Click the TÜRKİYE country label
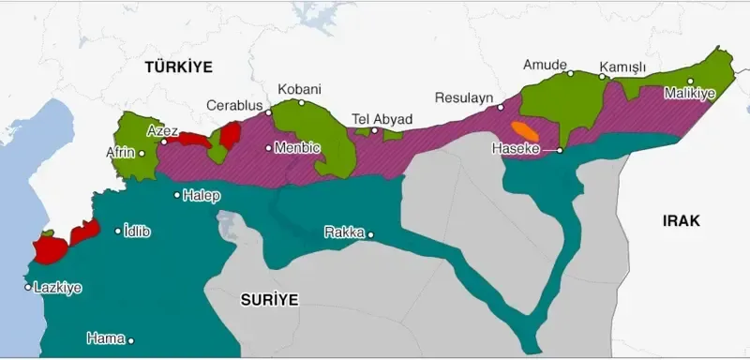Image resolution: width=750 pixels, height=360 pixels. click(x=178, y=67)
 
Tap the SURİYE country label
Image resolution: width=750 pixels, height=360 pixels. click(x=269, y=300)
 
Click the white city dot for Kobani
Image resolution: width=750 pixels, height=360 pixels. click(x=301, y=102)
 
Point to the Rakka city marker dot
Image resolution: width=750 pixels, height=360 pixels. click(x=371, y=234)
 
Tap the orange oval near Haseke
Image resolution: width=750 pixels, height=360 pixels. click(x=523, y=129)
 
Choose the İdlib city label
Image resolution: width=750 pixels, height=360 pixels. click(x=141, y=231)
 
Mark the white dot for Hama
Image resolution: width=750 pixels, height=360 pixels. click(x=132, y=341)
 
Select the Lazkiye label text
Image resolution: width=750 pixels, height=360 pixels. click(x=57, y=288)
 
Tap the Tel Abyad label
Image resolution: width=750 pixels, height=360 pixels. click(x=382, y=119)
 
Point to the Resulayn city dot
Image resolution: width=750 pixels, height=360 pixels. click(x=501, y=109)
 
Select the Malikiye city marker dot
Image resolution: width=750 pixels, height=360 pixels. click(x=691, y=81)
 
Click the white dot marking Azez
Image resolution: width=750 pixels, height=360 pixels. click(x=164, y=142)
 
